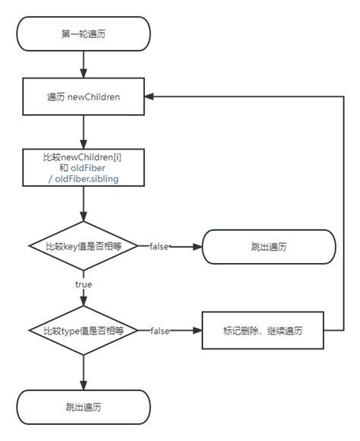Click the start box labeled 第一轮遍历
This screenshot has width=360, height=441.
point(84,33)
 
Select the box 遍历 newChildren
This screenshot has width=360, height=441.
point(84,97)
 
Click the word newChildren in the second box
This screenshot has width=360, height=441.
point(93,97)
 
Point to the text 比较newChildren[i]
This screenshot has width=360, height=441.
point(82,157)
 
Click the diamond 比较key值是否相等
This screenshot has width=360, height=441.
point(84,246)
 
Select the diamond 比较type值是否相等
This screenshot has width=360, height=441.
point(84,331)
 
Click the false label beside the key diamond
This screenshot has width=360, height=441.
point(159,246)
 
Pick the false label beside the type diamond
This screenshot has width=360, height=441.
point(160,331)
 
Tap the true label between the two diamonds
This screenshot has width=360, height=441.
point(84,284)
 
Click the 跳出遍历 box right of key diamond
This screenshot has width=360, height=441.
point(269,246)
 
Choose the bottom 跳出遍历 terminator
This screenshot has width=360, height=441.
point(84,407)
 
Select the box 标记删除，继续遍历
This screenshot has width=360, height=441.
point(263,331)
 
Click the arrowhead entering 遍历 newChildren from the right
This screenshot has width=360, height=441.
point(149,97)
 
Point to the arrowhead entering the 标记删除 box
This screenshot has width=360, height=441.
point(197,331)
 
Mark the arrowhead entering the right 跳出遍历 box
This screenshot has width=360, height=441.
point(197,246)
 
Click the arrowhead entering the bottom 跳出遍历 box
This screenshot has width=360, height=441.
point(84,385)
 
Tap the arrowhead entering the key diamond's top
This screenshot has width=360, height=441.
point(84,217)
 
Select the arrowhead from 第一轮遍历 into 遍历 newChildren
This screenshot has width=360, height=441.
point(84,74)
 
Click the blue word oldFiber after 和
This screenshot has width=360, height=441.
point(87,168)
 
